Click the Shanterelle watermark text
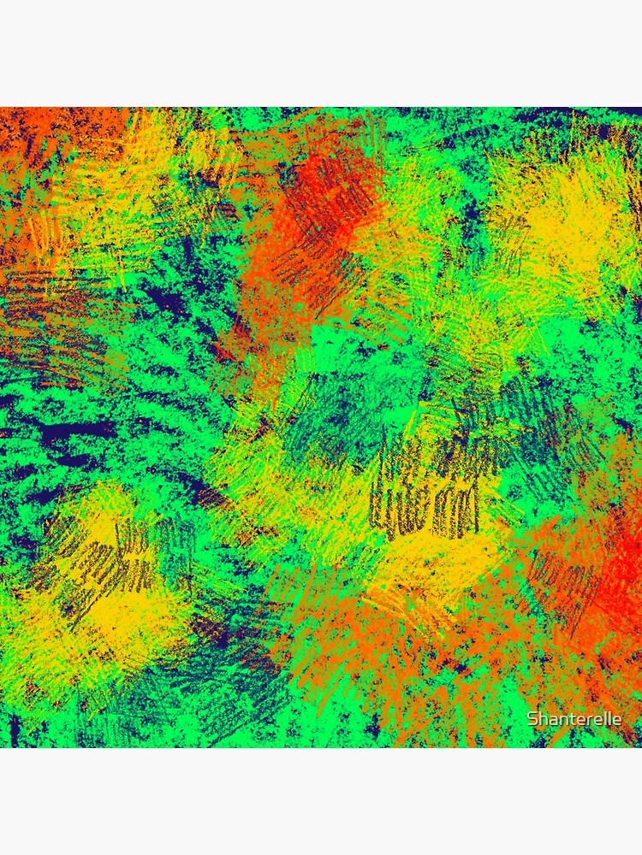coord(574,719)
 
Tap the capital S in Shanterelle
coord(532,719)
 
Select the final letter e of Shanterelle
coord(617,719)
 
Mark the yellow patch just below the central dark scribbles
coord(445,556)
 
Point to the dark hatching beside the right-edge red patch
coord(556,581)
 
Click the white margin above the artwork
coord(321,51)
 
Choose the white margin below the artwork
coord(321,804)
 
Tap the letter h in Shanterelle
coord(542,719)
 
